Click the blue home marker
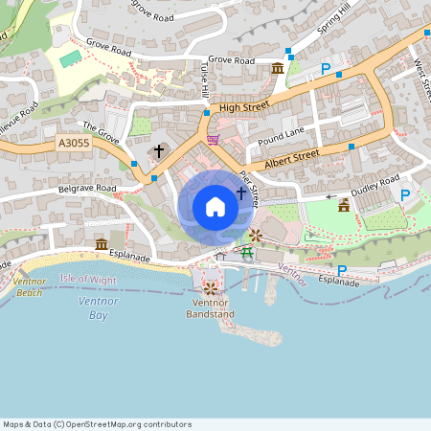click(215, 206)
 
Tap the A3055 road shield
click(73, 144)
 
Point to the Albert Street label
click(292, 154)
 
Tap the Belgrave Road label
click(87, 189)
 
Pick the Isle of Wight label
click(88, 279)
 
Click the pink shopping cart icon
click(212, 139)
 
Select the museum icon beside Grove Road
click(278, 68)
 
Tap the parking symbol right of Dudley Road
click(404, 194)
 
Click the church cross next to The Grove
click(159, 151)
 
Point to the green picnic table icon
click(246, 252)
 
